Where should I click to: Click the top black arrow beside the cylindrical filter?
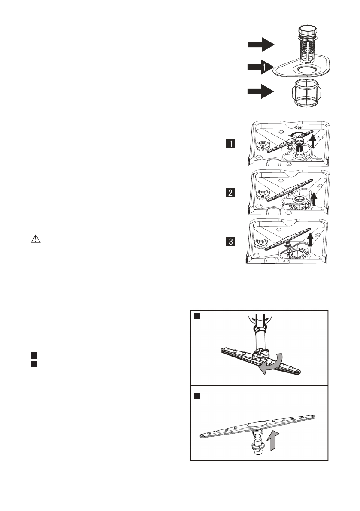click(261, 44)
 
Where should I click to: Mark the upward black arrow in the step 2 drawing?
click(314, 199)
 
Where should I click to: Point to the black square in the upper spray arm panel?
click(196, 316)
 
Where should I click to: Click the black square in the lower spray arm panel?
click(196, 395)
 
